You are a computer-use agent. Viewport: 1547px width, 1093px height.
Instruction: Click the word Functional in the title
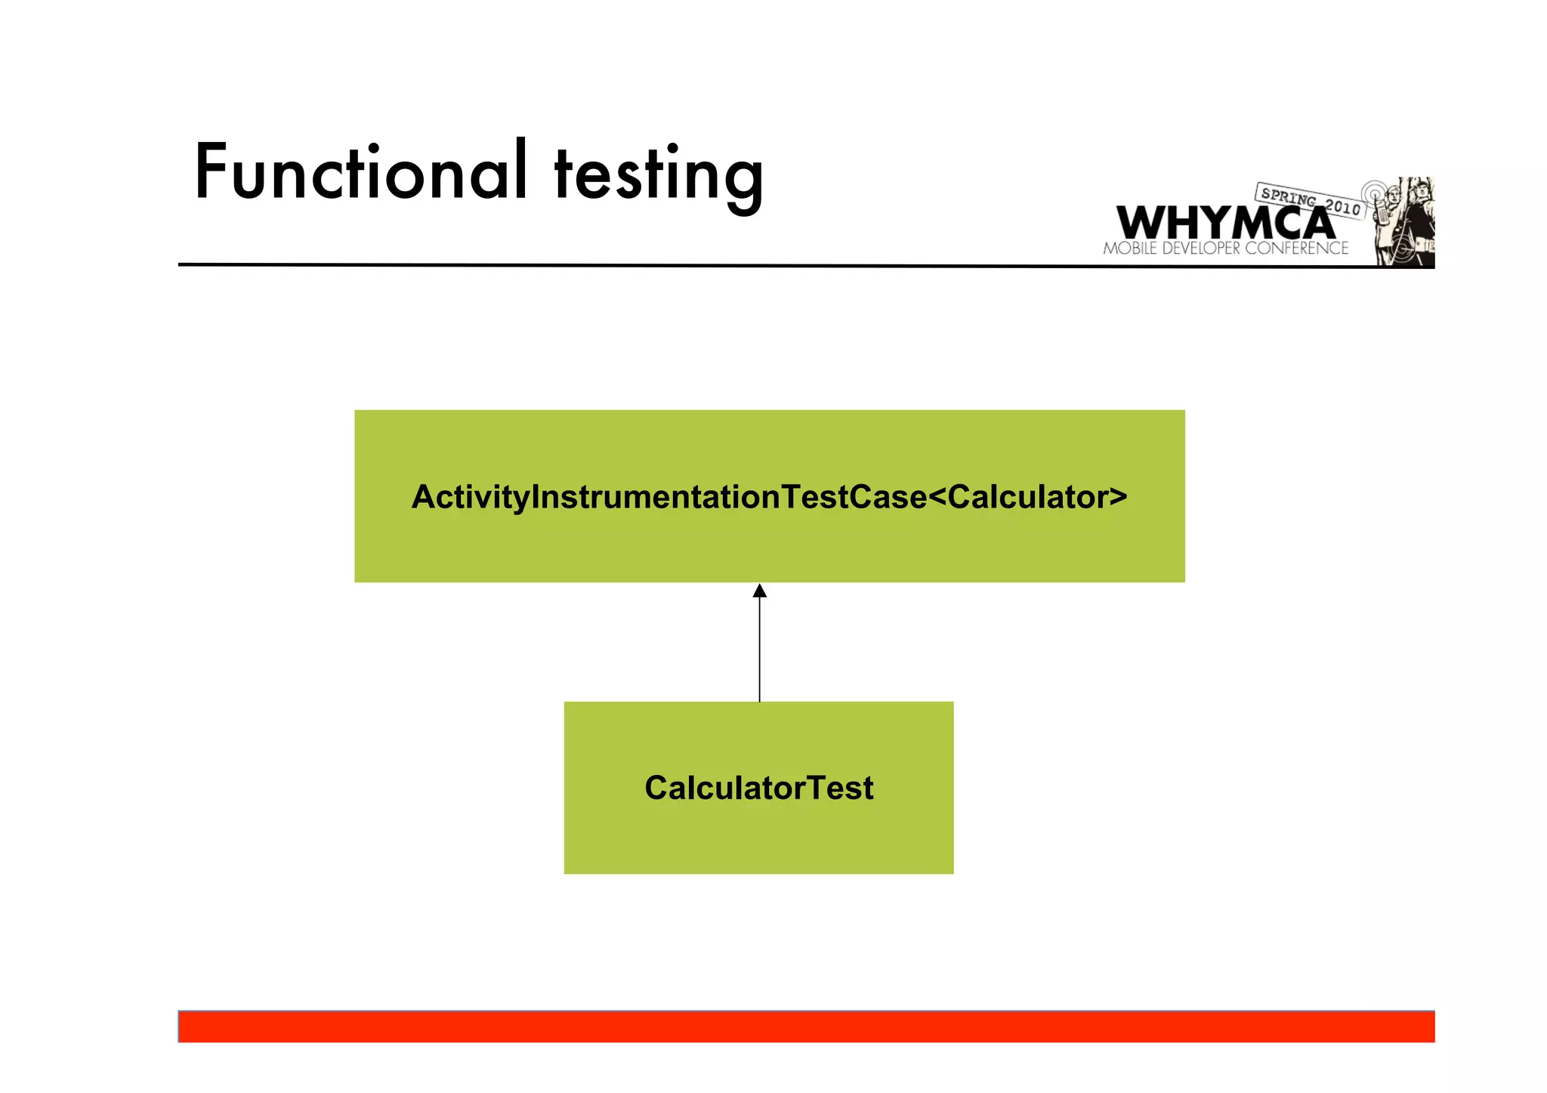coord(360,172)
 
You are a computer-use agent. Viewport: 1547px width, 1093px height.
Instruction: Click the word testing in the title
coord(658,175)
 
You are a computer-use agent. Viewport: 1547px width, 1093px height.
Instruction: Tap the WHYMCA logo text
coord(1225,223)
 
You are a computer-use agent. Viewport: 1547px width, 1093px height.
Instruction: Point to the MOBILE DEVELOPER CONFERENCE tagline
coord(1225,249)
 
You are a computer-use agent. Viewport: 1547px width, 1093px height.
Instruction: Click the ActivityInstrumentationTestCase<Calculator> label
coord(769,497)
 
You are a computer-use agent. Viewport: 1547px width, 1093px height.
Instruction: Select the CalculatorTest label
coord(758,788)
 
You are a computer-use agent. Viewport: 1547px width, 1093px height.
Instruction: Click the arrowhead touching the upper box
coord(760,591)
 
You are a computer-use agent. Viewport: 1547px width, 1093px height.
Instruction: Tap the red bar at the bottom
coord(806,1027)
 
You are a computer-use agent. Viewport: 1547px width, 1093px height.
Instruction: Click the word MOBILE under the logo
coord(1130,249)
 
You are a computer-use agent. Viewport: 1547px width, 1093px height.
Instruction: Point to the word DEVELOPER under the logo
coord(1201,249)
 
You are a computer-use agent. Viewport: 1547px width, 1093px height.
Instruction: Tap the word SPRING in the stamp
coord(1288,197)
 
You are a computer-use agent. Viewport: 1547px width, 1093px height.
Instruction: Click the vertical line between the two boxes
coord(760,650)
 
